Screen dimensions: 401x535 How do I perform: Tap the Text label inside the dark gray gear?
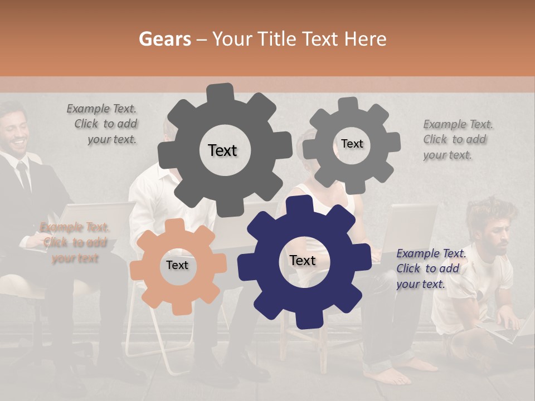click(x=222, y=150)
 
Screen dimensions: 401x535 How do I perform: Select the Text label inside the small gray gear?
click(x=352, y=144)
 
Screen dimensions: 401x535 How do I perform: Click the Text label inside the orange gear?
click(x=177, y=265)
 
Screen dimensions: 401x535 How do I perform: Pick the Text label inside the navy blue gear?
click(x=302, y=260)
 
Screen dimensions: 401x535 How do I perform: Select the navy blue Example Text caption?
click(x=430, y=268)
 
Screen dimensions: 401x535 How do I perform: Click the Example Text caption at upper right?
click(x=457, y=139)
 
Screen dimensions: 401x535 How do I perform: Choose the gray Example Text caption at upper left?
click(x=104, y=124)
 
